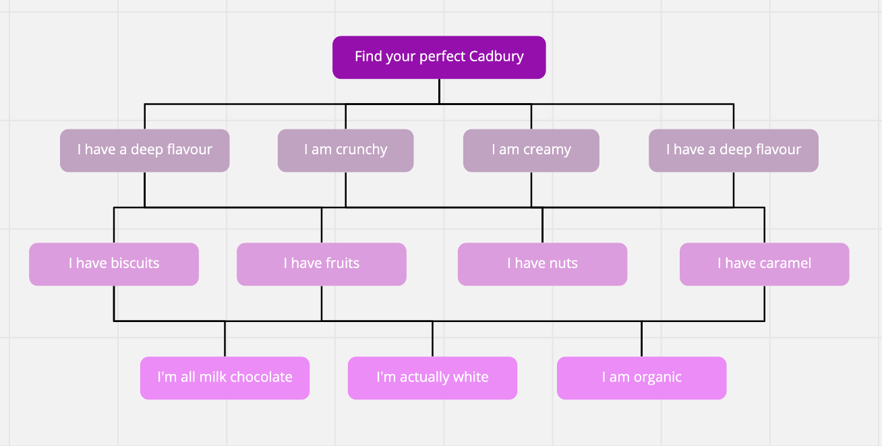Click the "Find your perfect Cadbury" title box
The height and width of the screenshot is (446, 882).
(x=439, y=57)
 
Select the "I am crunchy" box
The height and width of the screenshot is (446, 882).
(x=345, y=150)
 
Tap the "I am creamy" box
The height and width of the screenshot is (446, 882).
(x=531, y=150)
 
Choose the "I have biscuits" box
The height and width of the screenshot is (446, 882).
(x=114, y=263)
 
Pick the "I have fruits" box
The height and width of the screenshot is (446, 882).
(x=321, y=263)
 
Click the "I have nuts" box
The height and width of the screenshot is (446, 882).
(x=542, y=263)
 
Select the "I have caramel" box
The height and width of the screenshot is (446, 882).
(x=764, y=263)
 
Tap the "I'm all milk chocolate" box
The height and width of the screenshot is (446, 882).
(x=225, y=377)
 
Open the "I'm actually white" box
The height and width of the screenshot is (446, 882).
(x=432, y=377)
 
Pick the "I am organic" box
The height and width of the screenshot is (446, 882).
(x=641, y=377)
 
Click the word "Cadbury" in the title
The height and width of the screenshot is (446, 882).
(x=498, y=57)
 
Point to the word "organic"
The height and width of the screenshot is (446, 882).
(x=657, y=378)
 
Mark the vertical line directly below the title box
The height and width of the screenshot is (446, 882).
(x=439, y=91)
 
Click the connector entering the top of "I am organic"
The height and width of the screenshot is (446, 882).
(x=641, y=339)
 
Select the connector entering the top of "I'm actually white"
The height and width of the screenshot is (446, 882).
(x=432, y=339)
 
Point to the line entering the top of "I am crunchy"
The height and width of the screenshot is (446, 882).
(x=345, y=117)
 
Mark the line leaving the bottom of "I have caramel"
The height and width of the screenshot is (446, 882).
(x=764, y=302)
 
